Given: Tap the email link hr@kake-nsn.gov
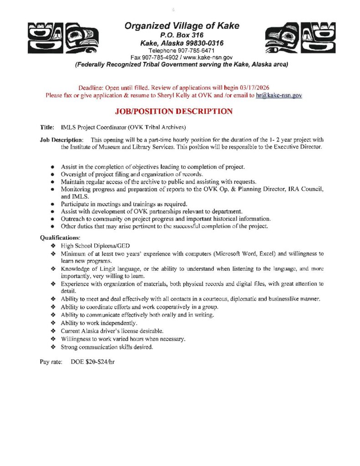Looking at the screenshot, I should tap(279, 96).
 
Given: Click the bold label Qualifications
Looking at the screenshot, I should tap(60, 238).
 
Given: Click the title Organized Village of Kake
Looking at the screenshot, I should tap(182, 26).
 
